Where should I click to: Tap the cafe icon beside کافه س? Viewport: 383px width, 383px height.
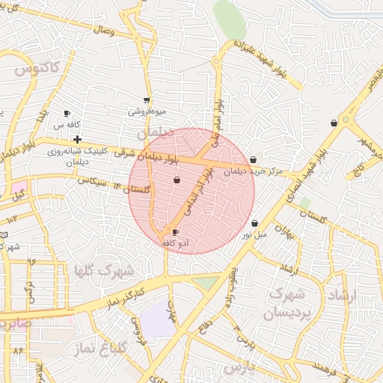tap(67, 114)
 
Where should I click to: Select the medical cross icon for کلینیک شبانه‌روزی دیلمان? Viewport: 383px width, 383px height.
tap(77, 139)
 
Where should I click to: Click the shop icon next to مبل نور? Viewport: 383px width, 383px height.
tap(255, 223)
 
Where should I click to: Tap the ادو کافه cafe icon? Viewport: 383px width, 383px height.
tap(176, 233)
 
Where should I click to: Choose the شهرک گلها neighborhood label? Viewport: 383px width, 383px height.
tap(104, 269)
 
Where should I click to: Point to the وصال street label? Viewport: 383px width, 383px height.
tap(102, 30)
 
